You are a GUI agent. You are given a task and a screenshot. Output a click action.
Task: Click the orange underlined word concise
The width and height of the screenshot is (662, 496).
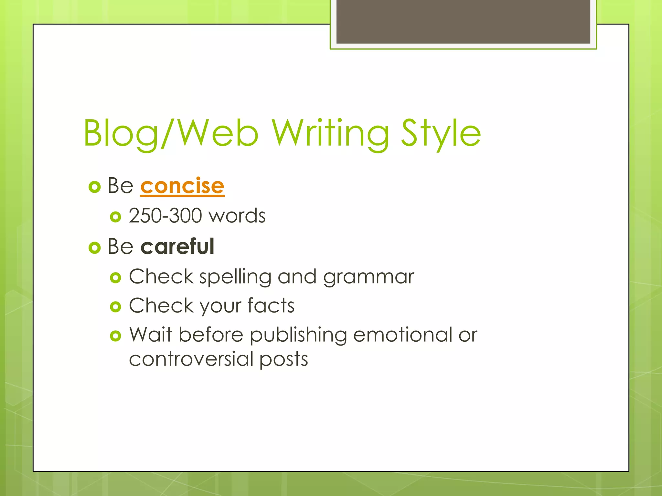tap(182, 186)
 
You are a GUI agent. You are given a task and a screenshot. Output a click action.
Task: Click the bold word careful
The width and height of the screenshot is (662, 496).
tap(177, 247)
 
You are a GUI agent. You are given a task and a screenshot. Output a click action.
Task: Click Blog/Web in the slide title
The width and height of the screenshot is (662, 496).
tap(171, 133)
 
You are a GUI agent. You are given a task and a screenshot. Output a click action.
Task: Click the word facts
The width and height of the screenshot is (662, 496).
tap(271, 306)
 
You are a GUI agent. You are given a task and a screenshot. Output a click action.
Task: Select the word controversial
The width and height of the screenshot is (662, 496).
tap(191, 359)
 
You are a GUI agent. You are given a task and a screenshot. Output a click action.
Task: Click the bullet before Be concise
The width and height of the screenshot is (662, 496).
tap(94, 187)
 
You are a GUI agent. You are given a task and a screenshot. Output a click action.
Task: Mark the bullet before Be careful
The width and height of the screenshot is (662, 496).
tap(94, 248)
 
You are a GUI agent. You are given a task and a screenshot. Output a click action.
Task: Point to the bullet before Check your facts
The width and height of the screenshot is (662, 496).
tap(115, 306)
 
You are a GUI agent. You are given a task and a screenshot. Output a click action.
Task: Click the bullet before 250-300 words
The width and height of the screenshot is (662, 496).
tap(115, 217)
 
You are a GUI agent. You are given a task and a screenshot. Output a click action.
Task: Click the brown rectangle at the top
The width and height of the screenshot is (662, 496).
tap(463, 21)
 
